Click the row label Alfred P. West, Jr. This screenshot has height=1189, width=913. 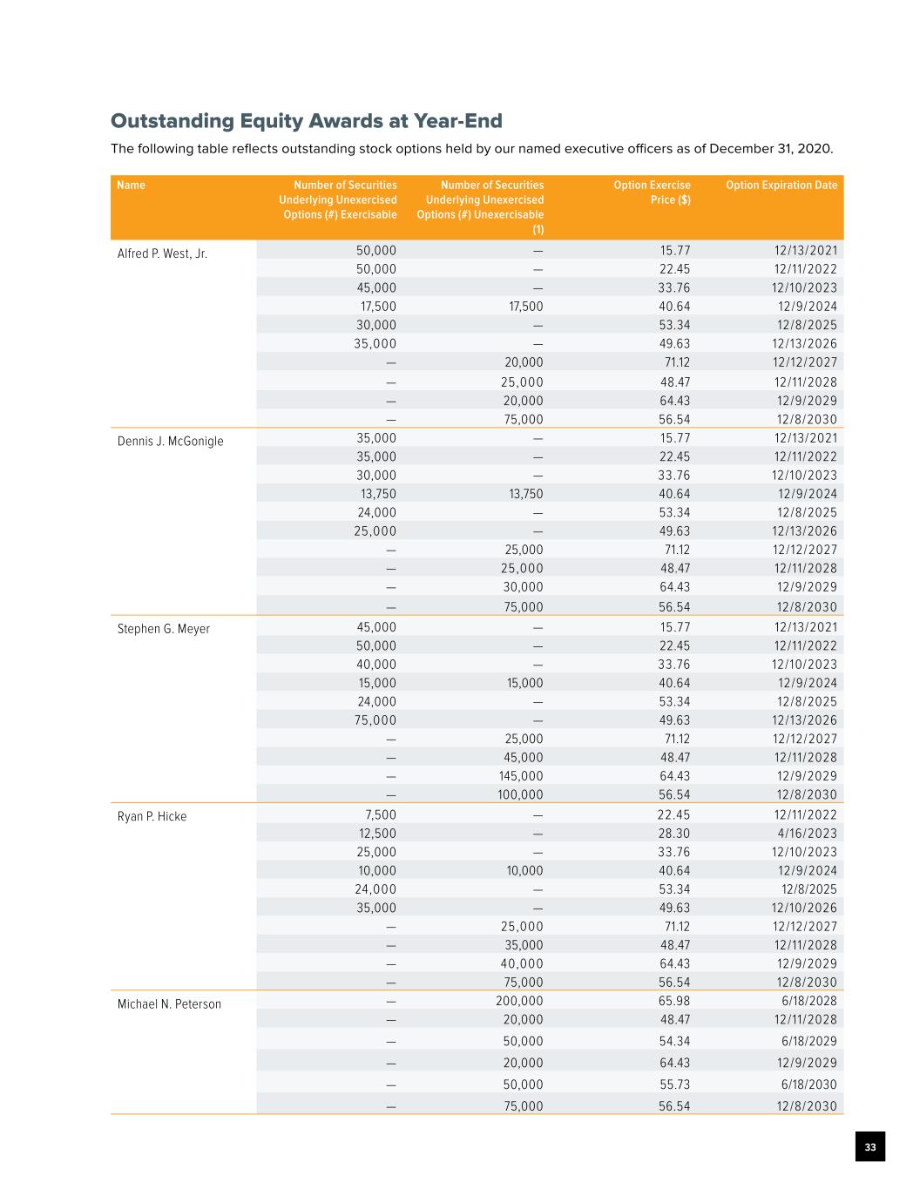162,254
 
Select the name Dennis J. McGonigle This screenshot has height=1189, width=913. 170,442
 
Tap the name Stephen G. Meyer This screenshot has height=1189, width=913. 163,629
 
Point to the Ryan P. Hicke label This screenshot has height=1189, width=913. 152,817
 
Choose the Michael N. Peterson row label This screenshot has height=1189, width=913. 169,1004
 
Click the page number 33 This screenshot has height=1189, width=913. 869,1147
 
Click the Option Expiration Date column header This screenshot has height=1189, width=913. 781,186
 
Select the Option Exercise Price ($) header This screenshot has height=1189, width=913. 652,193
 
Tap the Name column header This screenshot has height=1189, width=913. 132,186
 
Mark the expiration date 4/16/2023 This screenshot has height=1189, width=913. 805,834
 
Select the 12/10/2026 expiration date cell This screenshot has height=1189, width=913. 804,909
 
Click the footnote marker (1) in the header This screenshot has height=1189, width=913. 538,230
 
